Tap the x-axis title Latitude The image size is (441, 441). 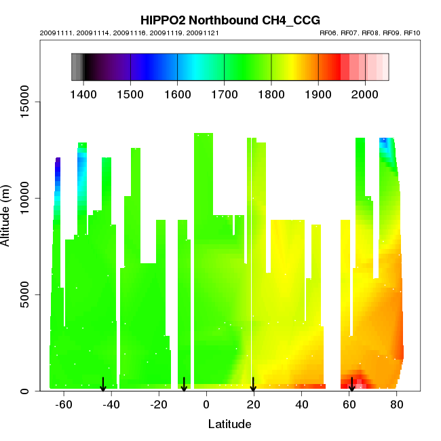click(229, 425)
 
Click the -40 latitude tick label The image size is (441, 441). click(111, 405)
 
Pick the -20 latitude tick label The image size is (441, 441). click(158, 405)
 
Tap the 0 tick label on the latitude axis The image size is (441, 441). click(206, 405)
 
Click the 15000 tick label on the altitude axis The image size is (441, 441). click(25, 102)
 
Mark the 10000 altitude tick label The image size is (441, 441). click(25, 198)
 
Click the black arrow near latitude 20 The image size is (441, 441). click(253, 385)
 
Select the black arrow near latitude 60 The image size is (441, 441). click(351, 385)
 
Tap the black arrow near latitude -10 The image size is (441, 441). click(184, 385)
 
